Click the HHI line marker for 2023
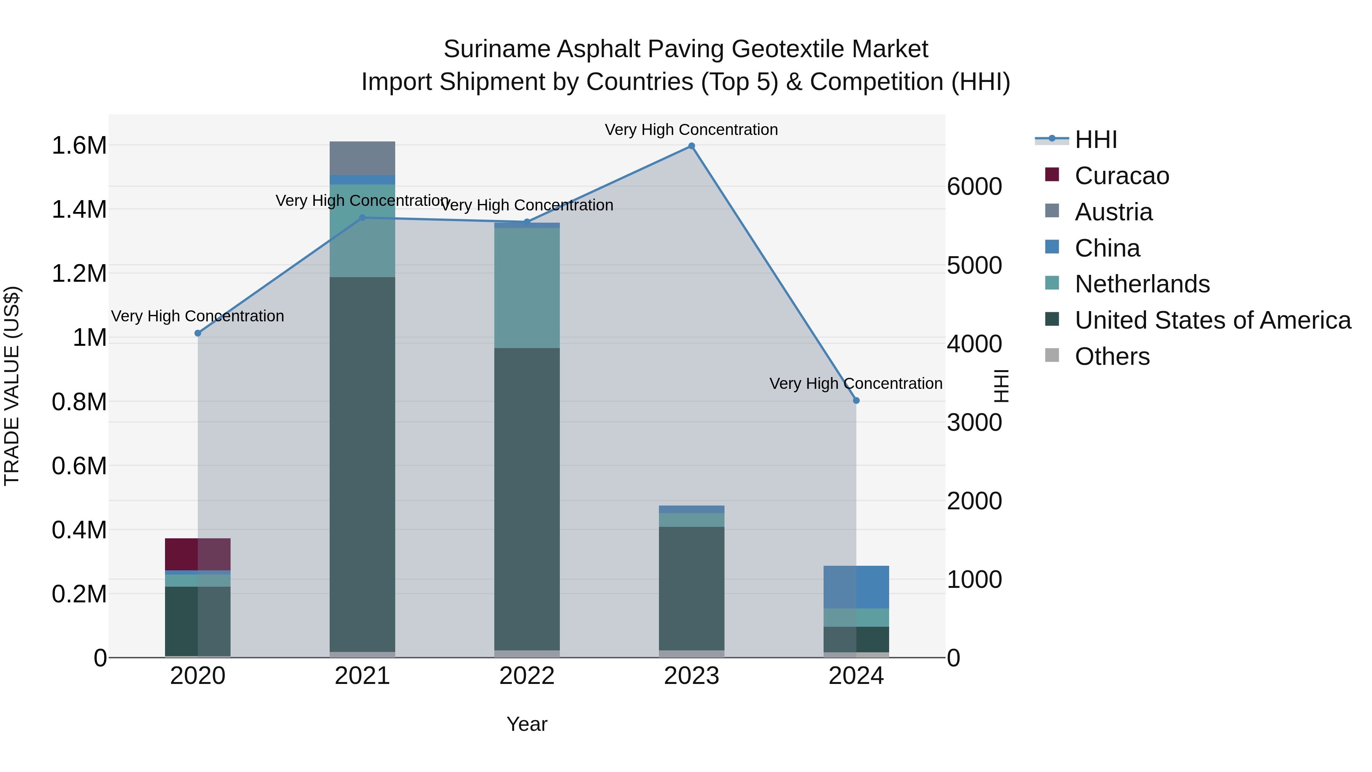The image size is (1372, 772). [691, 146]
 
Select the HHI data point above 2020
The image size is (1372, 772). [197, 333]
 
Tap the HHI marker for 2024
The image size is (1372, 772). [856, 401]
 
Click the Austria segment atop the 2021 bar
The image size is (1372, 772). [362, 158]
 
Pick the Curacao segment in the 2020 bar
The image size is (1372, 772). [197, 554]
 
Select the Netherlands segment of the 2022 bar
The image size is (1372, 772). [527, 288]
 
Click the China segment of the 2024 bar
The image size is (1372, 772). [856, 587]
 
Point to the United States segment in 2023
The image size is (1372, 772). [691, 588]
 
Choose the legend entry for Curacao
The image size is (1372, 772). [1121, 176]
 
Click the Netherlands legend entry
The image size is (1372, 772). [1141, 284]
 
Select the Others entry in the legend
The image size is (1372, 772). [1112, 356]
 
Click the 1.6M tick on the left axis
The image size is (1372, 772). [79, 146]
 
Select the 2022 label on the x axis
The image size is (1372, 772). [527, 676]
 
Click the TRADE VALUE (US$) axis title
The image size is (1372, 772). [12, 386]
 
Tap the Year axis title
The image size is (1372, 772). [527, 724]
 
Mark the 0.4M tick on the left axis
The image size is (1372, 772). [79, 530]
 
